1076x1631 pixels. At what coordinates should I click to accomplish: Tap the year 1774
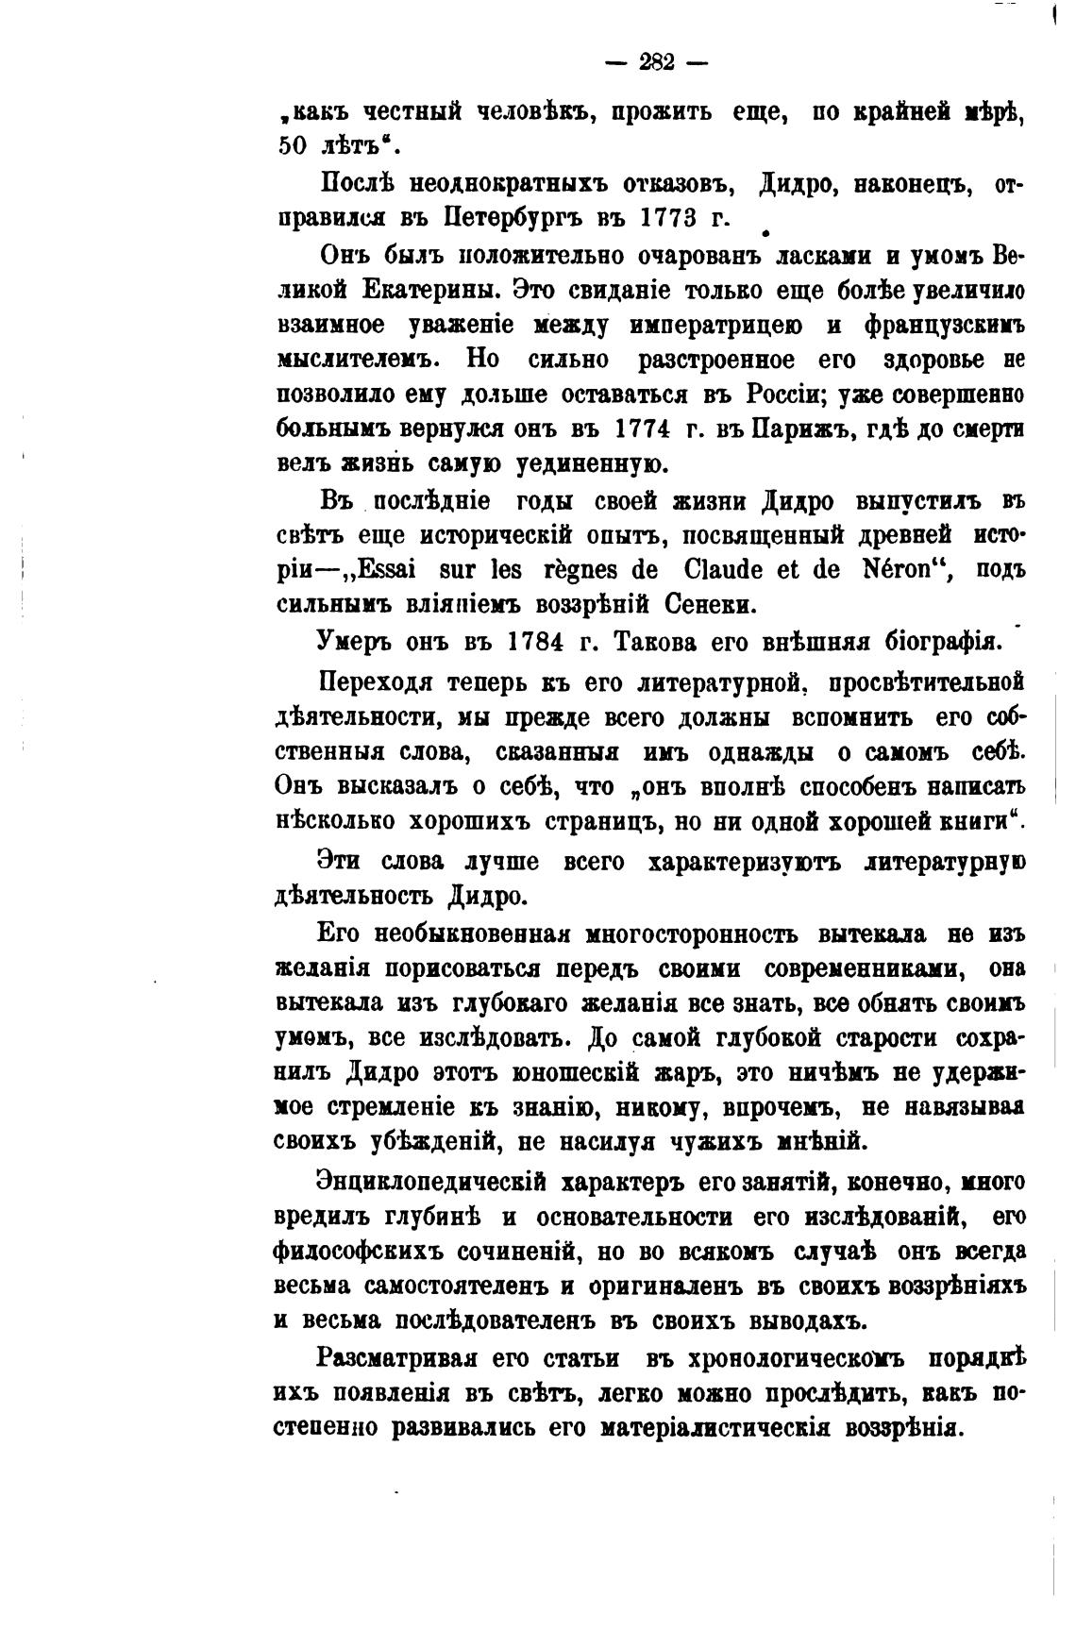point(644,429)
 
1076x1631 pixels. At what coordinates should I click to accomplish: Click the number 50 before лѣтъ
point(295,146)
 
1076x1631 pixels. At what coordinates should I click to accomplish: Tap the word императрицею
point(708,326)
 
